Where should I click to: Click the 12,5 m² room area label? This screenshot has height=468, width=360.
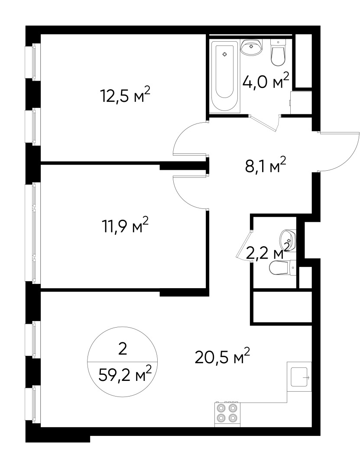click(125, 95)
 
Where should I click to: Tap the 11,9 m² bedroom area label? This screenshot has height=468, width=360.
click(125, 226)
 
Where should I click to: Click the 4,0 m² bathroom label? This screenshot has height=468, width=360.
click(266, 81)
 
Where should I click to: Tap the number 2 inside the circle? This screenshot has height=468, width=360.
click(123, 349)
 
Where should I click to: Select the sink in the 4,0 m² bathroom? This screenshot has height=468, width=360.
click(251, 47)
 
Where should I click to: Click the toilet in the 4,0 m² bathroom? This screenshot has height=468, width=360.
click(278, 52)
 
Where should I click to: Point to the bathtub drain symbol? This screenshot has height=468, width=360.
click(224, 54)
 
